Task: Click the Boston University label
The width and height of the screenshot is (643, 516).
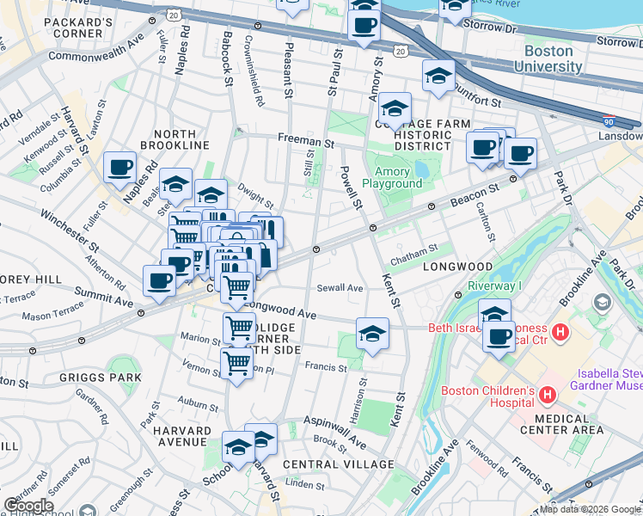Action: click(548, 58)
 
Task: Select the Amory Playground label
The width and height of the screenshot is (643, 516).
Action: click(392, 177)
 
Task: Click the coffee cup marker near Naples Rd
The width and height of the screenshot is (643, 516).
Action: click(120, 166)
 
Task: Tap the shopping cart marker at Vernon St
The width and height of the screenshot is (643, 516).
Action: click(236, 362)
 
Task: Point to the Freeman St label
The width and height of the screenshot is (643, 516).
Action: click(304, 138)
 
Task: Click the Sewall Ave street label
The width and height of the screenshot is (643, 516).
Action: click(340, 288)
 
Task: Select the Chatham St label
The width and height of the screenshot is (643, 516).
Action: click(413, 249)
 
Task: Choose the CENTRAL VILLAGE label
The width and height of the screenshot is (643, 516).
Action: click(339, 464)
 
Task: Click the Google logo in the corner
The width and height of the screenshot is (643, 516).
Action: click(28, 506)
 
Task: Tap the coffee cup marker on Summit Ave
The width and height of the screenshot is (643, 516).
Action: click(159, 281)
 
